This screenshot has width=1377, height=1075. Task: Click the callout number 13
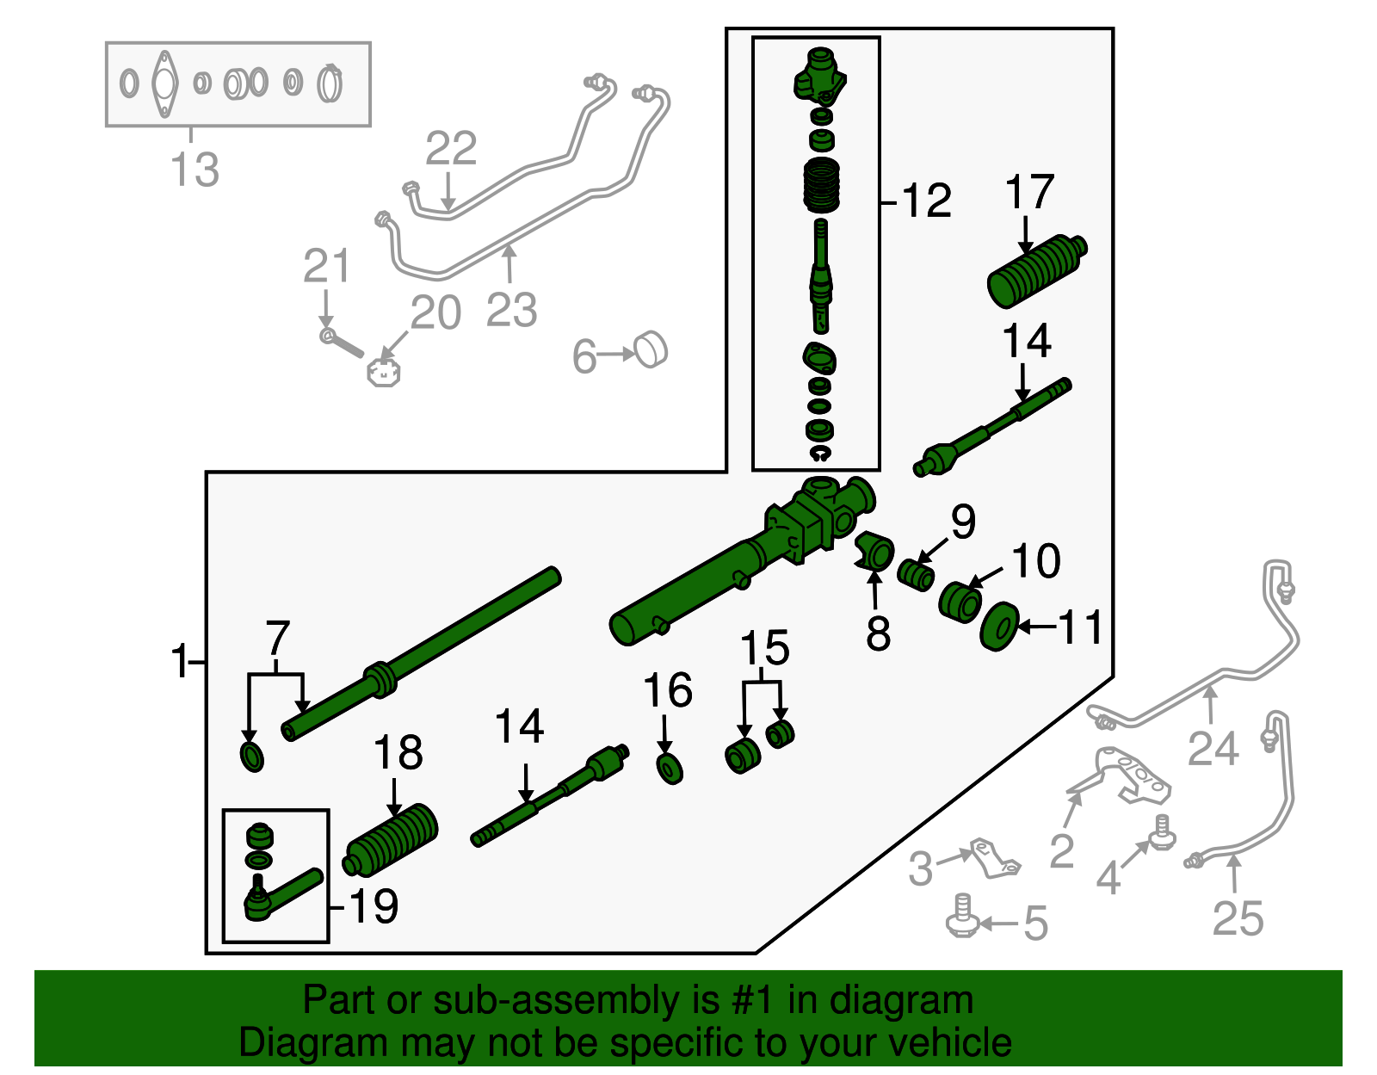(195, 170)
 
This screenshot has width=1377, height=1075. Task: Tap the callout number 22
(451, 147)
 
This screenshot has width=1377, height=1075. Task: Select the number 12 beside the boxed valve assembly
(926, 201)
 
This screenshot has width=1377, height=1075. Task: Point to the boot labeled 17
(1037, 271)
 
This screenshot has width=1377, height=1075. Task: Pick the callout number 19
(374, 905)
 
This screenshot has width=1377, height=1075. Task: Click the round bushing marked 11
(999, 627)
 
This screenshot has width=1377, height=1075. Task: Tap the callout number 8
(879, 633)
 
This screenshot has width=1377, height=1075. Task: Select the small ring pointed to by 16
(670, 769)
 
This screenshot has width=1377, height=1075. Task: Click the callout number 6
(584, 356)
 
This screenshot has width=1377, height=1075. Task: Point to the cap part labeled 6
(651, 349)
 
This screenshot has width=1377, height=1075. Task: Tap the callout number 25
(1238, 917)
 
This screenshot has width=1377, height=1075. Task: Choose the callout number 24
(1213, 748)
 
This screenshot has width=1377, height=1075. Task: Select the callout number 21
(326, 266)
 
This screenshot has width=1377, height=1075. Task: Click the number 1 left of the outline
(180, 661)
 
